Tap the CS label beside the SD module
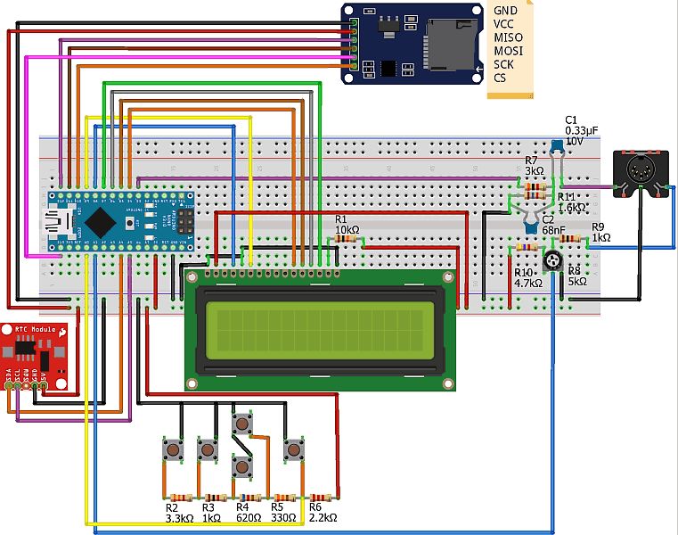click(x=500, y=78)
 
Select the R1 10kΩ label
click(x=347, y=225)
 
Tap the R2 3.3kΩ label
click(x=178, y=512)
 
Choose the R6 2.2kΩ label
click(x=322, y=512)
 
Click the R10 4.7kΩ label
click(x=528, y=276)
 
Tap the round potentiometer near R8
click(x=552, y=261)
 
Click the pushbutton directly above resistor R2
click(x=172, y=449)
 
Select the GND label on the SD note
click(x=505, y=10)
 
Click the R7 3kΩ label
click(x=534, y=166)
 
